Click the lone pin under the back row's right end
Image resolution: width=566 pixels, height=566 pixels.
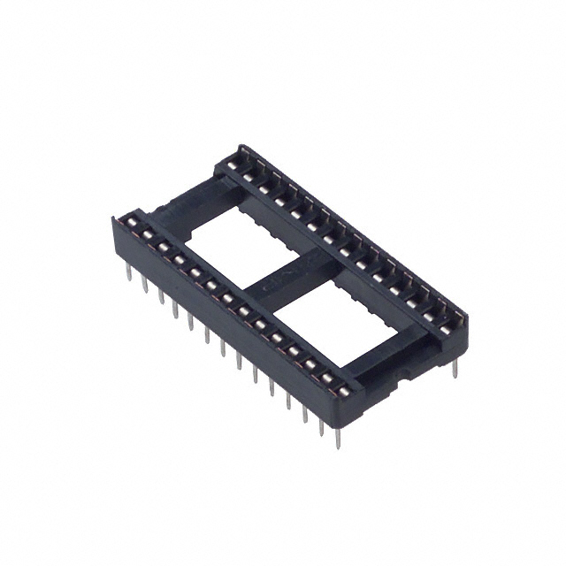pyautogui.click(x=455, y=367)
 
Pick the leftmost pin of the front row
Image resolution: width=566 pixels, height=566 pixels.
pyautogui.click(x=128, y=272)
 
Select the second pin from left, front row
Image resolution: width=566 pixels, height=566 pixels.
pyautogui.click(x=144, y=283)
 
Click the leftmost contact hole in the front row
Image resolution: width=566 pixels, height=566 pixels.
pyautogui.click(x=132, y=222)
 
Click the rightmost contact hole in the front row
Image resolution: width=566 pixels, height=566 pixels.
pyautogui.click(x=342, y=391)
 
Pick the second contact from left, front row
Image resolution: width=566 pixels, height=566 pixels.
pyautogui.click(x=148, y=234)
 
